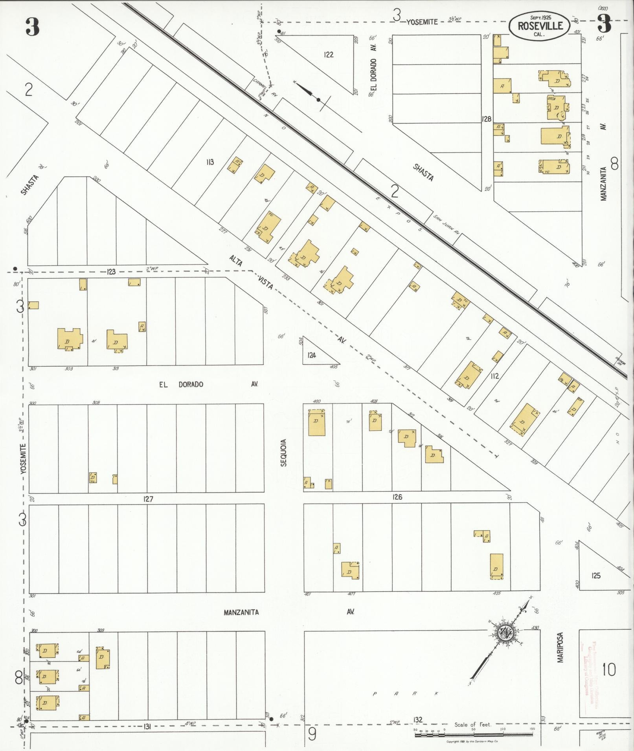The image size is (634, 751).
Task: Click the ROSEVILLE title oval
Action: coord(540,25)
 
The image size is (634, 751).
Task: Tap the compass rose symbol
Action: coord(504,633)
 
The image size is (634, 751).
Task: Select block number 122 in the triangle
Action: coord(329,55)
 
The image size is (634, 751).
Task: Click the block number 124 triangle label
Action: coord(312,355)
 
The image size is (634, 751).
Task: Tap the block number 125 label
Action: coord(596,576)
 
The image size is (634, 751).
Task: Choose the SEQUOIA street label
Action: coord(283,452)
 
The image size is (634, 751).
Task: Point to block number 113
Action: coord(210,161)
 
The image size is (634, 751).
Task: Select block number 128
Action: coord(487,119)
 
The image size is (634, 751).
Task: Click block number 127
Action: coord(148,499)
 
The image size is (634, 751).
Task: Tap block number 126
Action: coord(397,497)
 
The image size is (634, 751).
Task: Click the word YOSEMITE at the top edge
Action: coord(422,22)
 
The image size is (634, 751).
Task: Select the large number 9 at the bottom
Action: coord(312,735)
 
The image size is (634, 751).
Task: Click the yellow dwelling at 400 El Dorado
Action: coord(316,422)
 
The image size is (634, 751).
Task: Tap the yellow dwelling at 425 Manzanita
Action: coord(496,566)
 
